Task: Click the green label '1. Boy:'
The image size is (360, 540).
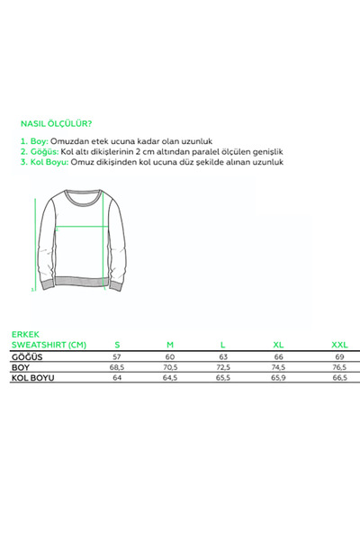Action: click(x=33, y=142)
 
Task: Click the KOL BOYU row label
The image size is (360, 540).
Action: click(x=32, y=379)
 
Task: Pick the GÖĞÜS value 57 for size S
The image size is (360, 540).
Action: click(x=117, y=357)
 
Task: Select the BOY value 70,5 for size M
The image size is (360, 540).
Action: click(x=170, y=368)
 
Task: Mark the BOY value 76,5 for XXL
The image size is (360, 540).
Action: click(x=338, y=368)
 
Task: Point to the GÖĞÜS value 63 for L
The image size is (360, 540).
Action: click(x=223, y=357)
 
